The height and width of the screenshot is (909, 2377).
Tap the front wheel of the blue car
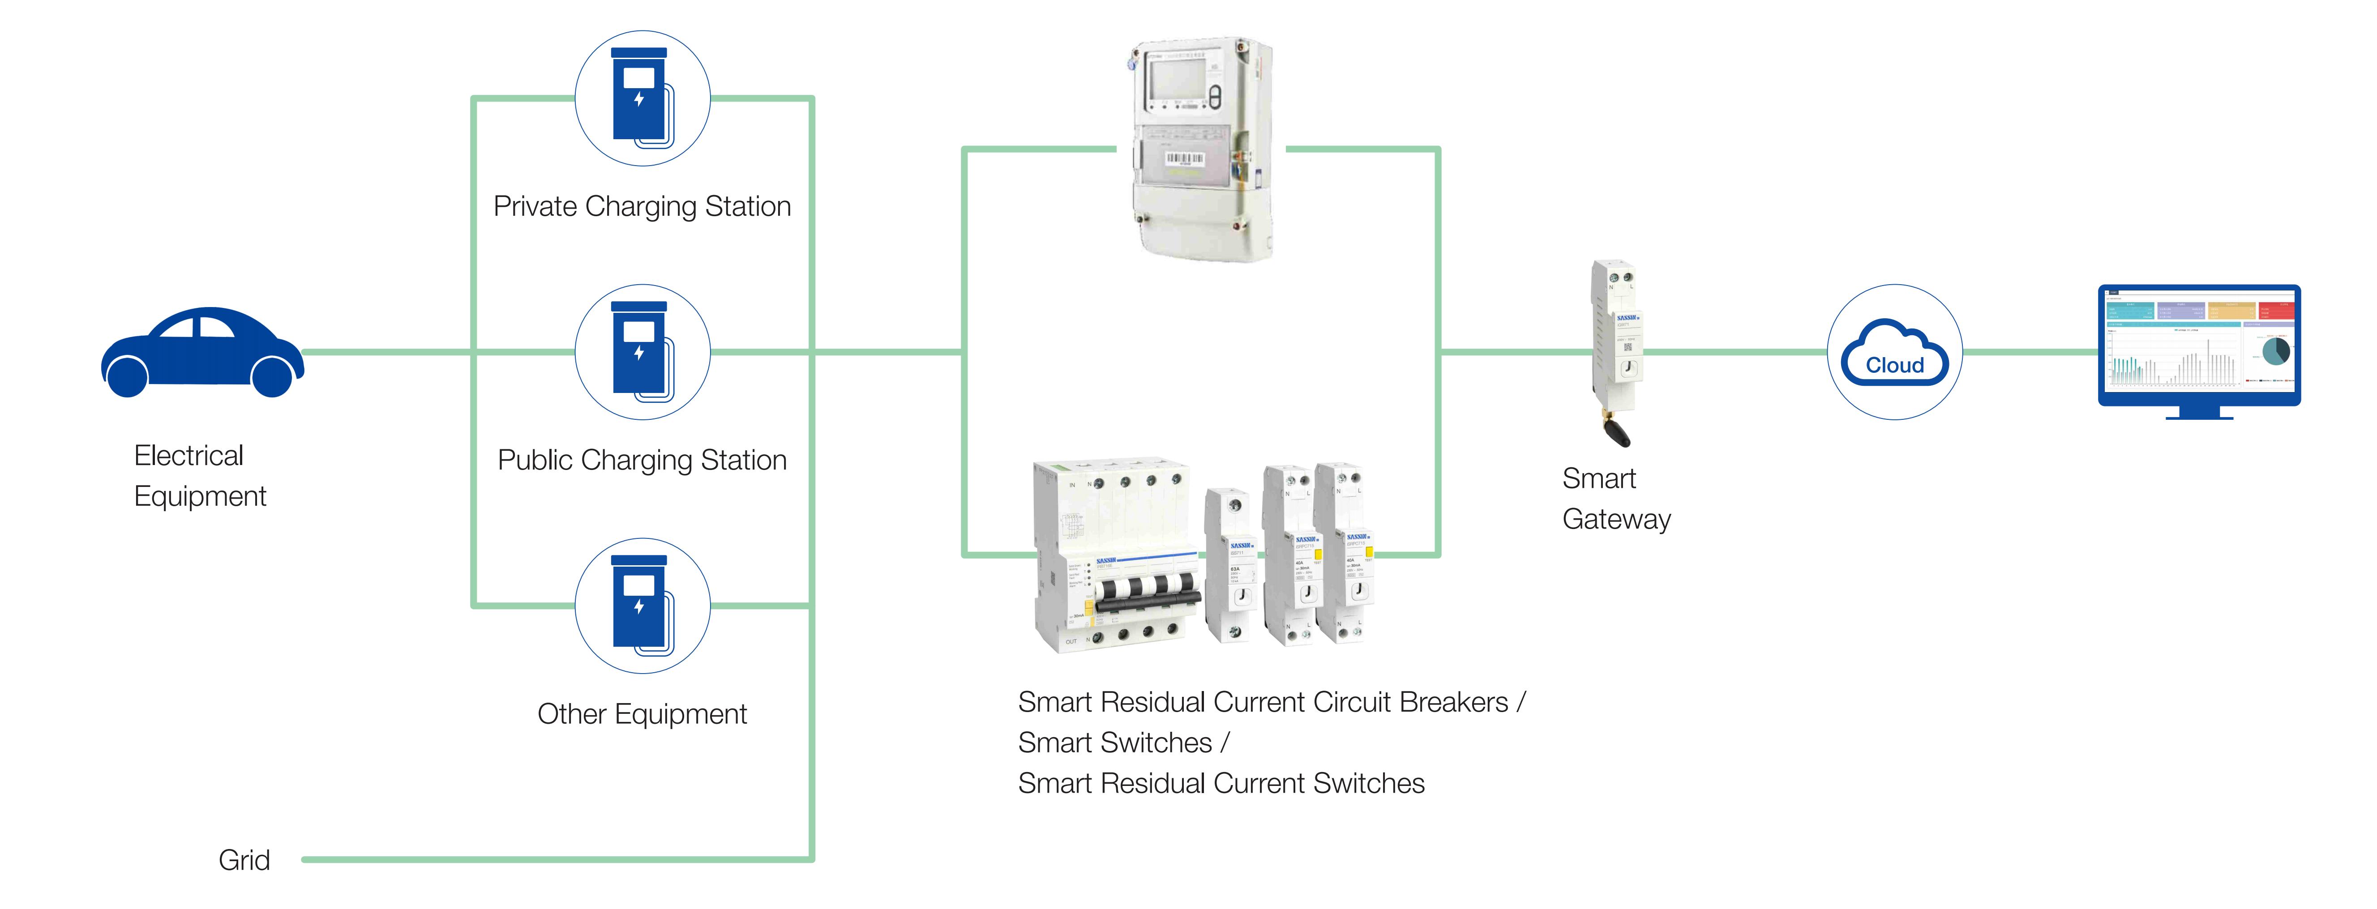coord(272,376)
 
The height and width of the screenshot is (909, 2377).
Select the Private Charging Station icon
coord(642,99)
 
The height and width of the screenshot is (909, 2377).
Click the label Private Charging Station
coord(642,206)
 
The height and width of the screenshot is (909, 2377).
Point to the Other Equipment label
coord(642,713)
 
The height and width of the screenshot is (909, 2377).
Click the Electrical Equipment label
coord(199,475)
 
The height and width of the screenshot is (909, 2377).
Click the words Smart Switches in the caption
coord(1115,743)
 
